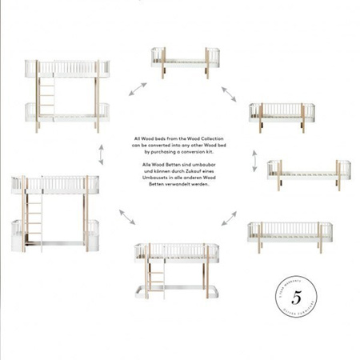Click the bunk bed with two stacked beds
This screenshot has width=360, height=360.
point(68,95)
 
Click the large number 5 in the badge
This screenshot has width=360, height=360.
point(296,298)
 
